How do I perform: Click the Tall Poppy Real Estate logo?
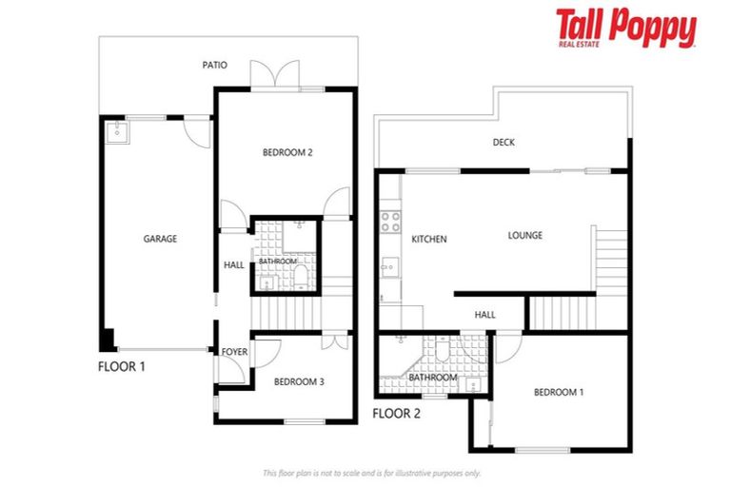click(625, 29)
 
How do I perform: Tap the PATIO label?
click(214, 66)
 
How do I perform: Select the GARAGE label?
click(160, 239)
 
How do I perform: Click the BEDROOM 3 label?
click(299, 381)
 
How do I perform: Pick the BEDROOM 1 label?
click(558, 392)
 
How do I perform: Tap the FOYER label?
click(234, 352)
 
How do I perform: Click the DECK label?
click(504, 143)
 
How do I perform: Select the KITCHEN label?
click(428, 240)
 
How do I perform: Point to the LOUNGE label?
click(524, 235)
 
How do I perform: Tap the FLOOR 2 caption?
click(396, 413)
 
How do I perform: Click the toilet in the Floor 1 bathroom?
click(301, 276)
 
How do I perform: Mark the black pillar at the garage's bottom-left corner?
click(108, 340)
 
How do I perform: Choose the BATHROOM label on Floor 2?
click(433, 378)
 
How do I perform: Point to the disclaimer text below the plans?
click(371, 473)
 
